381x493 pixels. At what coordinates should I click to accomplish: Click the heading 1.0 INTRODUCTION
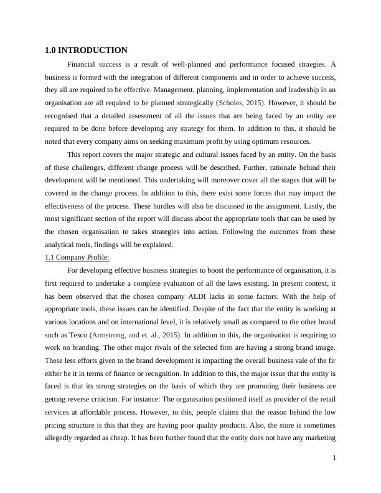click(x=86, y=50)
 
